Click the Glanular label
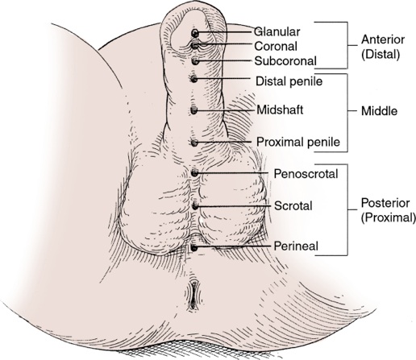[277, 31]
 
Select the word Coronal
[276, 46]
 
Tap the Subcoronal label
[285, 61]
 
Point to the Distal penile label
[289, 81]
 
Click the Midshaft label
[280, 110]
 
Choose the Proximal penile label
[298, 142]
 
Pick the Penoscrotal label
[306, 174]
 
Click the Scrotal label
[293, 206]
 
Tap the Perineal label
[296, 246]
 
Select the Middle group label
[379, 111]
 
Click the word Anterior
[383, 39]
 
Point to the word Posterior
[385, 203]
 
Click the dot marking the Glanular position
[195, 33]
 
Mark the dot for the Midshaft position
[194, 110]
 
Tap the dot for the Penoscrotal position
[194, 172]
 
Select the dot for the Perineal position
[193, 248]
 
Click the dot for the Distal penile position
[194, 79]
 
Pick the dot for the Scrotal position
[195, 206]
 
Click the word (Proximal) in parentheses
[389, 217]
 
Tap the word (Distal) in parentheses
[381, 55]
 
